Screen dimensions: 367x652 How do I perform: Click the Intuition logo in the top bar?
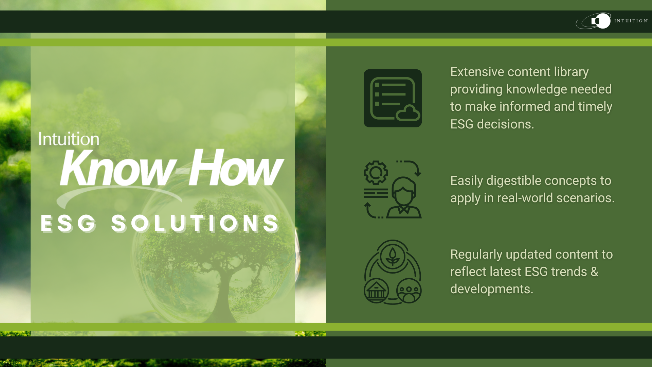611,21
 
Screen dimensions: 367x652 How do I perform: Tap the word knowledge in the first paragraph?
537,89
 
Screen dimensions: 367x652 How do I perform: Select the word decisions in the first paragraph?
505,124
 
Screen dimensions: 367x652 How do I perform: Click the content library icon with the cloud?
393,98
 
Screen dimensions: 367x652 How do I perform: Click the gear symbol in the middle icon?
376,173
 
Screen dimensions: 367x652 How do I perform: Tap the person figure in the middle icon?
404,199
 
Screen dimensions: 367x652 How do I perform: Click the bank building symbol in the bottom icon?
376,291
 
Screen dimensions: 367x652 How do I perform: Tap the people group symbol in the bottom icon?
409,291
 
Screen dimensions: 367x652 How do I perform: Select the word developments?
491,289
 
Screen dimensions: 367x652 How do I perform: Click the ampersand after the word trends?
594,272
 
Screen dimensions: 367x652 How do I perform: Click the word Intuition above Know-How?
69,139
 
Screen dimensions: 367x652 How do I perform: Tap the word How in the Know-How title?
236,168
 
